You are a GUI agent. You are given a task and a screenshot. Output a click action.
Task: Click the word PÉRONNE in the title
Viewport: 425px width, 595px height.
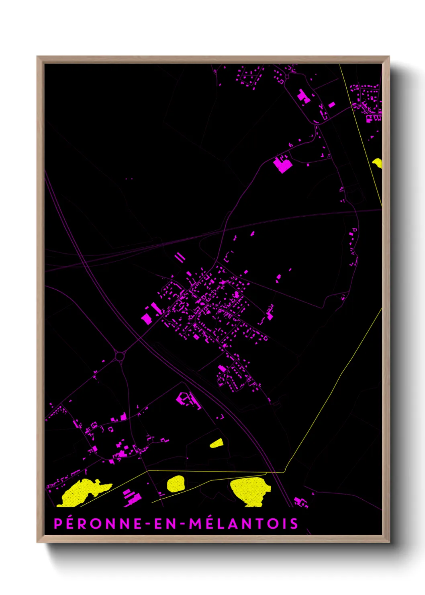coord(98,523)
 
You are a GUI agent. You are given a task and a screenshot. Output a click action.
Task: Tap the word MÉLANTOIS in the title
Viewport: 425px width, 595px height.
coord(243,523)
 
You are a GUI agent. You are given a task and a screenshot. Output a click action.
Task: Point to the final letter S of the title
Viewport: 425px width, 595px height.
coord(294,523)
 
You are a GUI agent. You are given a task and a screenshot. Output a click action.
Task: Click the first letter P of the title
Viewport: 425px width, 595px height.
coord(58,523)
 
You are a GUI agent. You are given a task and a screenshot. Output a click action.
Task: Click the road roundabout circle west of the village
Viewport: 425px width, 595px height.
coord(120,356)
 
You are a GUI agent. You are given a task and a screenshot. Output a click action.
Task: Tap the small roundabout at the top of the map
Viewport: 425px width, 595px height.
coord(287,77)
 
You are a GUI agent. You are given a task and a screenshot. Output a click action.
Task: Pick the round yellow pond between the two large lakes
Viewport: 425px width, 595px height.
coord(176,483)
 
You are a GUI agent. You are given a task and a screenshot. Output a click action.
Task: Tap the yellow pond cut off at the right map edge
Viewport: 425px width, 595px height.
coord(378,163)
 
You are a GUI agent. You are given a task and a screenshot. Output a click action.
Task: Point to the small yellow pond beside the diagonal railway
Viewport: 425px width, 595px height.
coord(217,443)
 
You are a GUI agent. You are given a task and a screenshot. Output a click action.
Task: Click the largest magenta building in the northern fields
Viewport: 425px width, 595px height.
coord(282,164)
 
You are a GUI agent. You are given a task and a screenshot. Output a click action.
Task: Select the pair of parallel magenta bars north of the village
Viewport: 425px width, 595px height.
coord(180,257)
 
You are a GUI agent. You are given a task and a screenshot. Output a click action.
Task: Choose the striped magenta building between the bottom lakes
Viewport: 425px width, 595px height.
coord(132,495)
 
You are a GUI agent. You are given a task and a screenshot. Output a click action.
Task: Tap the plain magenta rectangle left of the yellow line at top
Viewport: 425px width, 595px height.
coord(331,105)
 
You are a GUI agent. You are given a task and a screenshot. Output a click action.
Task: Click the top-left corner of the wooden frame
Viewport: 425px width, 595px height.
coord(37,57)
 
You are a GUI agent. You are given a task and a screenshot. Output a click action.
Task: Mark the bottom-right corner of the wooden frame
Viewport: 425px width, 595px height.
coord(389,542)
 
